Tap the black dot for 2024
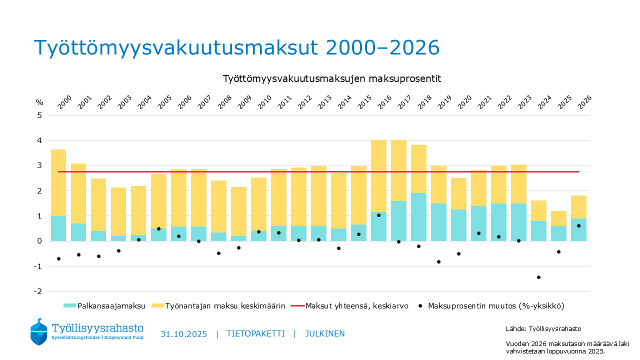click(x=538, y=277)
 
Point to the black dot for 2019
click(x=438, y=261)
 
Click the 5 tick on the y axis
click(x=39, y=115)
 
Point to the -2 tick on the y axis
click(x=37, y=291)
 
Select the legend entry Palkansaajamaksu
click(x=104, y=305)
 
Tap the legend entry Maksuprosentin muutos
click(x=495, y=305)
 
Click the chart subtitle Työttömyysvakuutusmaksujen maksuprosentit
click(x=331, y=79)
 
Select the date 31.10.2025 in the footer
click(x=183, y=334)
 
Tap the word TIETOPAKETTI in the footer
click(x=255, y=334)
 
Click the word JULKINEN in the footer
click(x=324, y=334)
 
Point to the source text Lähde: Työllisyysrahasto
click(x=543, y=328)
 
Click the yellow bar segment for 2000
click(x=58, y=182)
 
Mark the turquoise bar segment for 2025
click(x=558, y=233)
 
